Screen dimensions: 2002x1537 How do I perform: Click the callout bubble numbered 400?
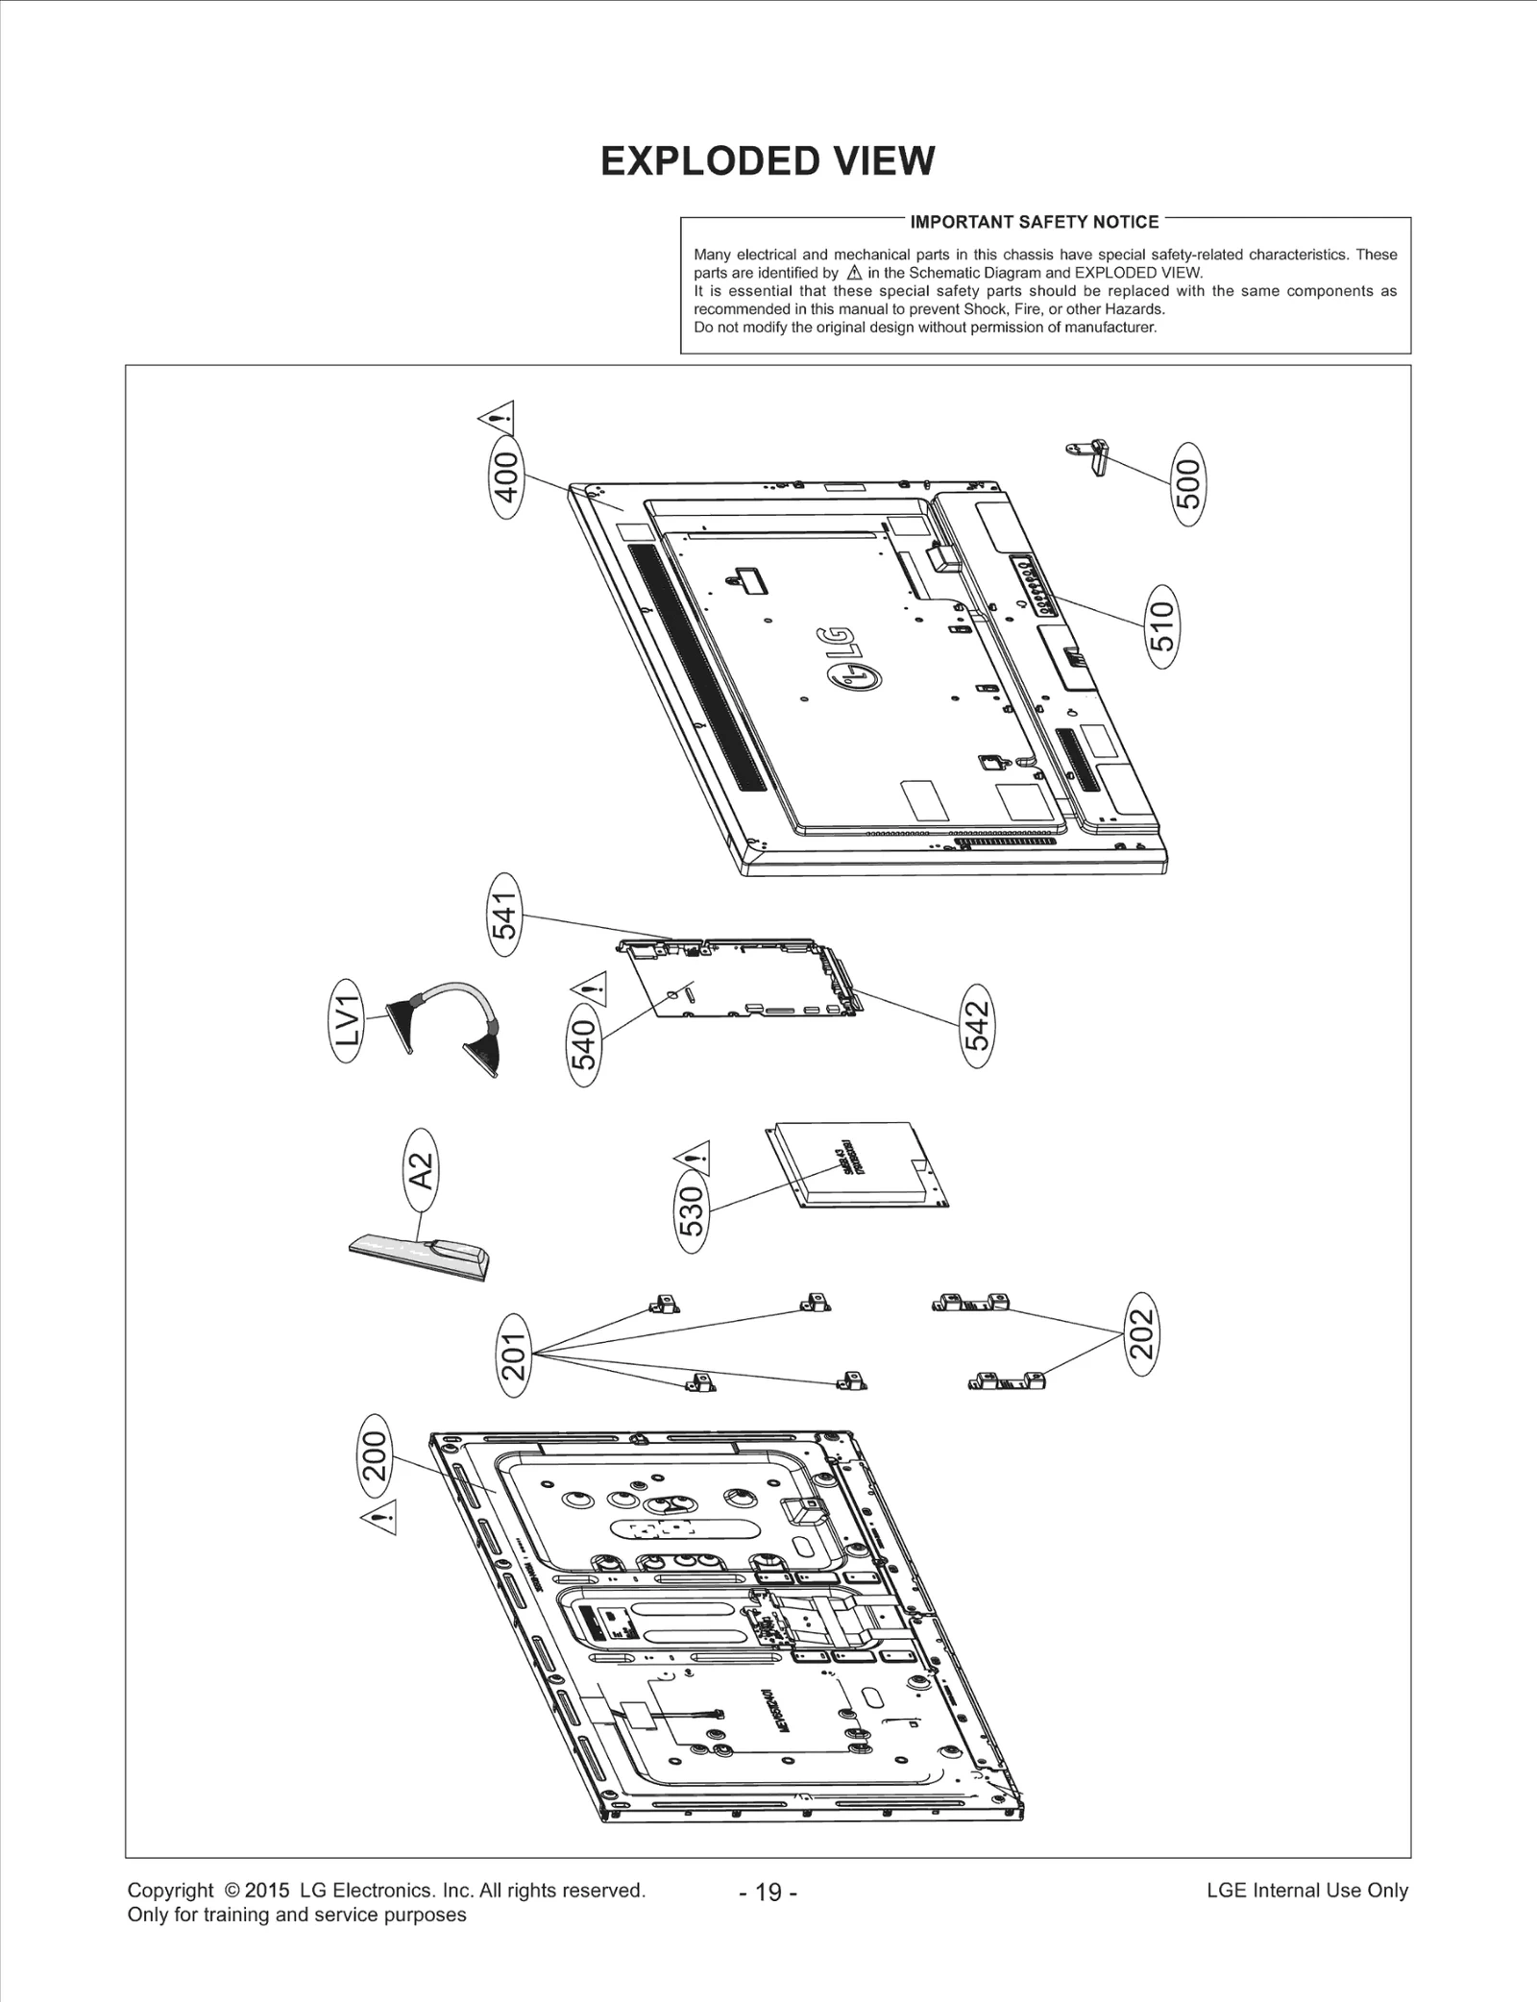(506, 477)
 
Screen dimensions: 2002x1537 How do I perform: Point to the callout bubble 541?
(505, 914)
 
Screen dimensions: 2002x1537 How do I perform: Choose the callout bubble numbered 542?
(976, 1026)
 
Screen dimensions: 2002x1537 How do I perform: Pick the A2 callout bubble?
(421, 1173)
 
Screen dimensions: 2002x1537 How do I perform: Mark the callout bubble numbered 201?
(515, 1355)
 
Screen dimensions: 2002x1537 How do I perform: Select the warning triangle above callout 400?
(497, 418)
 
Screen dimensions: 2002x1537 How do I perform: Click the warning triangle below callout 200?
(379, 1521)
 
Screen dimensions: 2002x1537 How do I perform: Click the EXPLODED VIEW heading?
(767, 161)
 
